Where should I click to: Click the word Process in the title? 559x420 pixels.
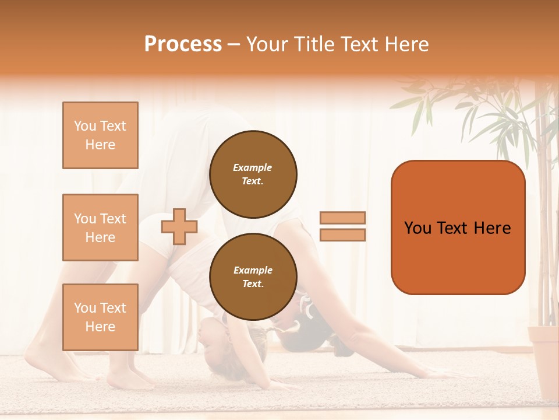(183, 44)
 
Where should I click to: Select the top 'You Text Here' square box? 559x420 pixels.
(100, 135)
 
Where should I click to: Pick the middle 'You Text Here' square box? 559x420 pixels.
(100, 228)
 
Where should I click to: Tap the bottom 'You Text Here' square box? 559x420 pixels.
(100, 317)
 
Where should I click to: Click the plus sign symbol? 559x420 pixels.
(179, 226)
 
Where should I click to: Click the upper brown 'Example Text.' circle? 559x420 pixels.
(253, 174)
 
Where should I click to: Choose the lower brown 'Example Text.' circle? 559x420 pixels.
(253, 276)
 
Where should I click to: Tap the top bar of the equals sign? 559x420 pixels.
(343, 218)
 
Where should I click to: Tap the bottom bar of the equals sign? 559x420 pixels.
(343, 235)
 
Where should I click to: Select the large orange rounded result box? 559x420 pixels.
(458, 227)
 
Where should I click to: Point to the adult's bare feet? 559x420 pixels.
(128, 379)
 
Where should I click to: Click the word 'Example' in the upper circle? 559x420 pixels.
(253, 167)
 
